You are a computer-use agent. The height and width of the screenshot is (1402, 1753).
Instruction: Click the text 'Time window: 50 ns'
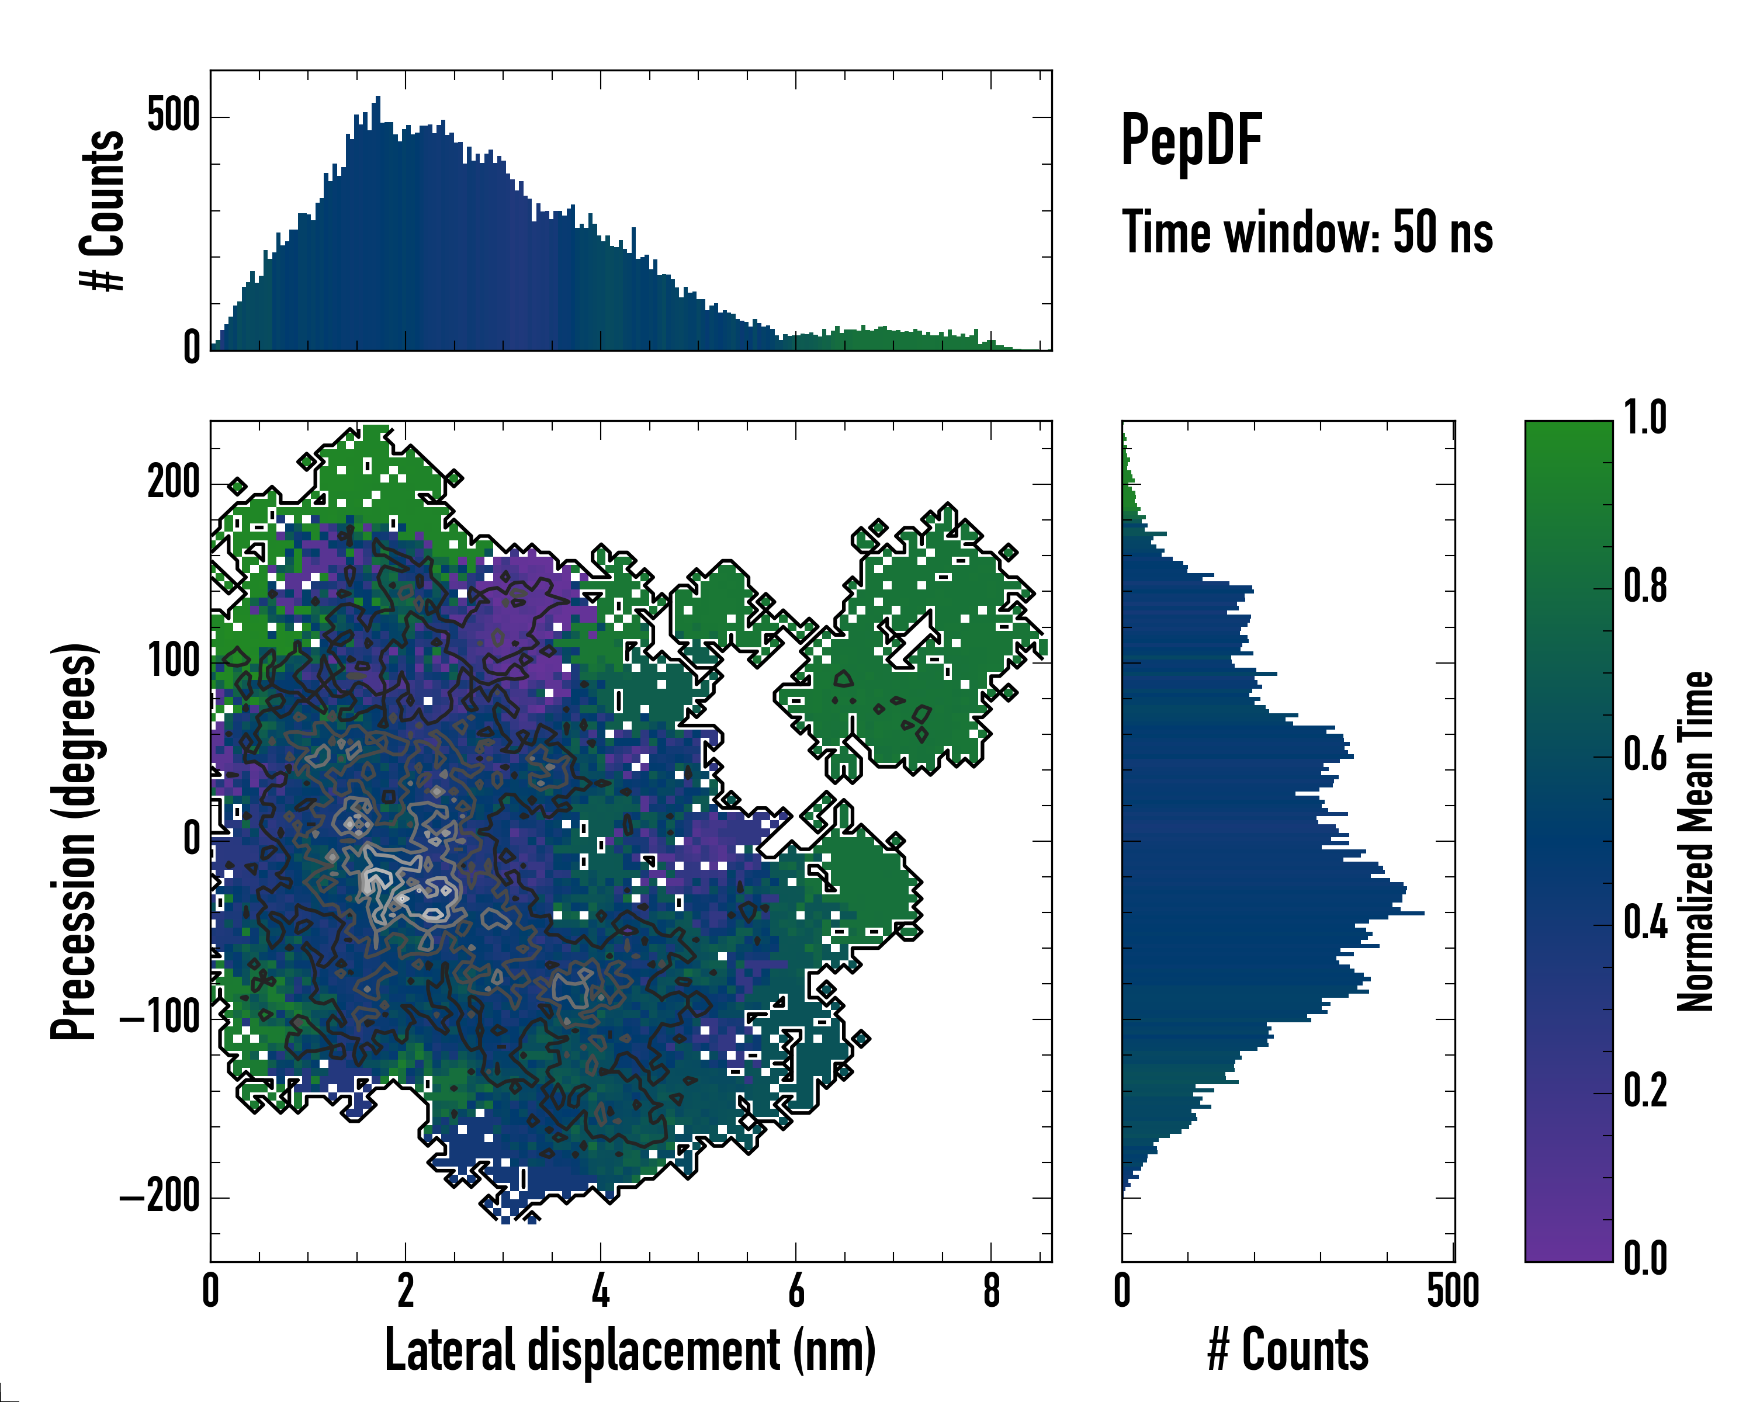[1307, 233]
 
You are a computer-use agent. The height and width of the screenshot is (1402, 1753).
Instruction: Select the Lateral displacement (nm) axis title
[630, 1350]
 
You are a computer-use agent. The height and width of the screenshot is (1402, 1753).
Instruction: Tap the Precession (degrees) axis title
[75, 841]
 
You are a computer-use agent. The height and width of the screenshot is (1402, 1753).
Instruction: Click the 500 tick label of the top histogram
[173, 116]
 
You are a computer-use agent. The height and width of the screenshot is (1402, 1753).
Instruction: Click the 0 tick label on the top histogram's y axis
[191, 348]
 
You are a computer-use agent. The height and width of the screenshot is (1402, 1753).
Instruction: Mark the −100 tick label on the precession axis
[160, 1018]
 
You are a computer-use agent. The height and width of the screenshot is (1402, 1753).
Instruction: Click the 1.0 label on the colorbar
[1645, 419]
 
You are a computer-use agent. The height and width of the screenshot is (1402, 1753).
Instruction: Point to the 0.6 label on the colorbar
[1645, 755]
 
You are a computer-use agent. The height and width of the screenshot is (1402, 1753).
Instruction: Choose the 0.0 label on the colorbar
[1645, 1259]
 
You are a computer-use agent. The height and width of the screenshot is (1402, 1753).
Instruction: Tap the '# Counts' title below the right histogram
[1288, 1350]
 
